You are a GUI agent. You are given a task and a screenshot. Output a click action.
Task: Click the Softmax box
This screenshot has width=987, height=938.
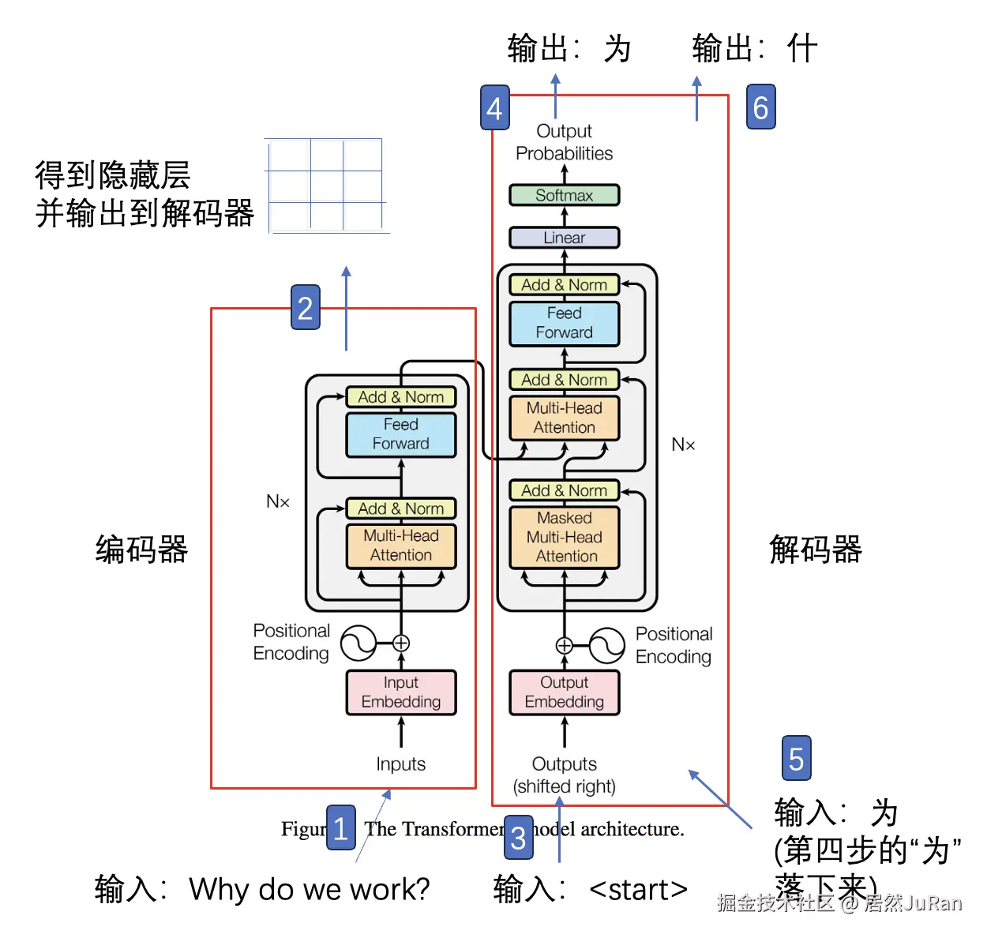coord(564,195)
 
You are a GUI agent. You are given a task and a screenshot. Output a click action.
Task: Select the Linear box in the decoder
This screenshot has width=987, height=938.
coord(564,237)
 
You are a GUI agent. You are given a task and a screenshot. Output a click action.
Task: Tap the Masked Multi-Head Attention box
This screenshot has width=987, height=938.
coord(564,537)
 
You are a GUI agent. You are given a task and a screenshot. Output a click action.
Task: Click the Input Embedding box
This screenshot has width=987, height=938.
coord(401,692)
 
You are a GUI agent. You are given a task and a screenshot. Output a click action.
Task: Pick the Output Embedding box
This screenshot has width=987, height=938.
coord(564,692)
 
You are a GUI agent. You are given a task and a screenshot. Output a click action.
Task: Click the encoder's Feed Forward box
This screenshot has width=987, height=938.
coord(401,434)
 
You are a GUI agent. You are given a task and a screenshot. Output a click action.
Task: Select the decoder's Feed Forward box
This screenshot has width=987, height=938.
coord(564,323)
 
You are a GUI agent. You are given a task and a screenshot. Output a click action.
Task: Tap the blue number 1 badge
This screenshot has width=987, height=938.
coord(340,827)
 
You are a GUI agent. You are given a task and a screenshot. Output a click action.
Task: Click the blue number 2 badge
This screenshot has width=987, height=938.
coord(306,307)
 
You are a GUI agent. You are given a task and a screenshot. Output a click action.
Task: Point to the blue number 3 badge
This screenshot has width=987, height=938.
coord(518,837)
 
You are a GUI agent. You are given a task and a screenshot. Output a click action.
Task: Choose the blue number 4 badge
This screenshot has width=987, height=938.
coord(495,107)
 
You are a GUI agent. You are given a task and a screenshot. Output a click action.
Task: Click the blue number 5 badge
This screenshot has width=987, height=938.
coord(796,758)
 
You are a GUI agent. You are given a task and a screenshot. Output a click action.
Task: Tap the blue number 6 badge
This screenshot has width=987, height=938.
coord(760,107)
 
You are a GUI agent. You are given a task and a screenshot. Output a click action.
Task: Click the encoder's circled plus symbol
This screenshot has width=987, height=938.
coord(401,643)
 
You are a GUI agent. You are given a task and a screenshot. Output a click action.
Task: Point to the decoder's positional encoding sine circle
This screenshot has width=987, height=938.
coord(607,646)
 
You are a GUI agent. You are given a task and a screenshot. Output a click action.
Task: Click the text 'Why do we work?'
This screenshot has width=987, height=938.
coord(310,889)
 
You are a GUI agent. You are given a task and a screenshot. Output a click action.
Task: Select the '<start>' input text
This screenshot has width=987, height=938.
coord(638,890)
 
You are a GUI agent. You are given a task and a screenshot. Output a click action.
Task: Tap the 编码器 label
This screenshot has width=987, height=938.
coord(141,549)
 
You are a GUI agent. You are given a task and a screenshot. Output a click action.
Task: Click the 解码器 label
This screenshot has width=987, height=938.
coord(816,549)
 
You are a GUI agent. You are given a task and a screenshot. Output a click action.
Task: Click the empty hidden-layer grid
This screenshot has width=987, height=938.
coord(326,186)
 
